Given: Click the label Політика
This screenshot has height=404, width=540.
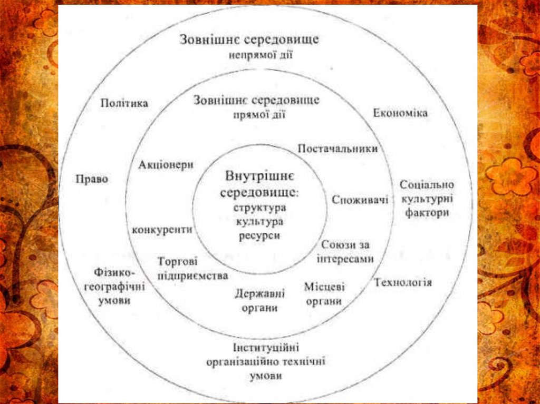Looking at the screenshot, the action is [x=124, y=103].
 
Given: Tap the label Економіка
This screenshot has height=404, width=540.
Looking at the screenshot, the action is [x=400, y=113].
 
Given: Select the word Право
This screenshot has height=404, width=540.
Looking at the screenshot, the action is [x=92, y=179].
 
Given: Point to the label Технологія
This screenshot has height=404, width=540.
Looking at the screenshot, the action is [x=403, y=283].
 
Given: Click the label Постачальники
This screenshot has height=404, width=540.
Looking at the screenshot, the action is [x=337, y=149].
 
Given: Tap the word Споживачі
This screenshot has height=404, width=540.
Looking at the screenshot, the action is [x=360, y=200].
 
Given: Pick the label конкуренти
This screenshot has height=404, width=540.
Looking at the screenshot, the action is [x=162, y=230].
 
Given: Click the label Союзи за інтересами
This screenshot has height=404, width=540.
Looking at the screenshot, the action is [x=346, y=252].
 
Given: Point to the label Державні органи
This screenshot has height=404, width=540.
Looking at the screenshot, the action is [x=259, y=300].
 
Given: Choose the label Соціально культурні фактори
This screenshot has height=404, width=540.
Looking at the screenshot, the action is [x=427, y=199].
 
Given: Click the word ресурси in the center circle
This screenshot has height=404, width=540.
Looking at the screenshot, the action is [x=259, y=236].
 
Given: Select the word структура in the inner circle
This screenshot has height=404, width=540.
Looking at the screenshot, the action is [x=260, y=207].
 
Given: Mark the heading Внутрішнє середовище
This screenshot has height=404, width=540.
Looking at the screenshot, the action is [x=259, y=183].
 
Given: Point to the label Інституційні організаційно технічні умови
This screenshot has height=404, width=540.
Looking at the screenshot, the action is [x=266, y=361].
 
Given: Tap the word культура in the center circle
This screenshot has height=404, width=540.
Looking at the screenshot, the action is [x=259, y=222].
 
